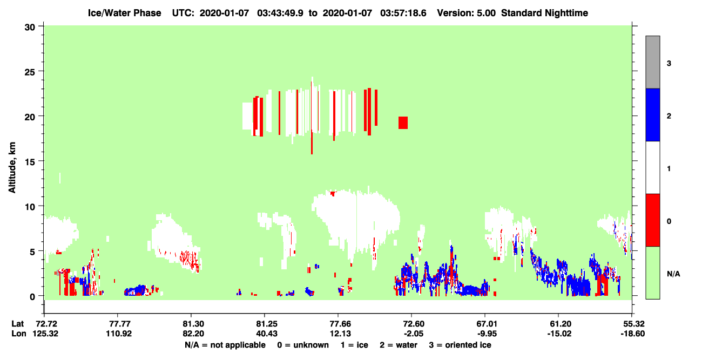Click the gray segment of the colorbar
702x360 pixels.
(x=652, y=62)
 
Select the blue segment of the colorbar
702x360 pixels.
(x=652, y=114)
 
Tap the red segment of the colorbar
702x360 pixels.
(x=652, y=220)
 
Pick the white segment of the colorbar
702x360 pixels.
(x=652, y=167)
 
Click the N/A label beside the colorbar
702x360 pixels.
(x=673, y=274)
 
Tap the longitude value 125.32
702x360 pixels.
(x=45, y=334)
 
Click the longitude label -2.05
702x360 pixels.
(x=413, y=334)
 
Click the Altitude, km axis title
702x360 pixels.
(x=12, y=168)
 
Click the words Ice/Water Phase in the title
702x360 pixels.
(x=124, y=13)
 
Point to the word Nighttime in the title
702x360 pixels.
(x=566, y=13)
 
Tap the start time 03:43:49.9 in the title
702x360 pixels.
(x=280, y=13)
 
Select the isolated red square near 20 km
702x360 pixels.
(x=403, y=123)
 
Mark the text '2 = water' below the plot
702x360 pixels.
(x=399, y=345)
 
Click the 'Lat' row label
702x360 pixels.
(x=17, y=324)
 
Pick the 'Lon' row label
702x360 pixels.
(x=19, y=334)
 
